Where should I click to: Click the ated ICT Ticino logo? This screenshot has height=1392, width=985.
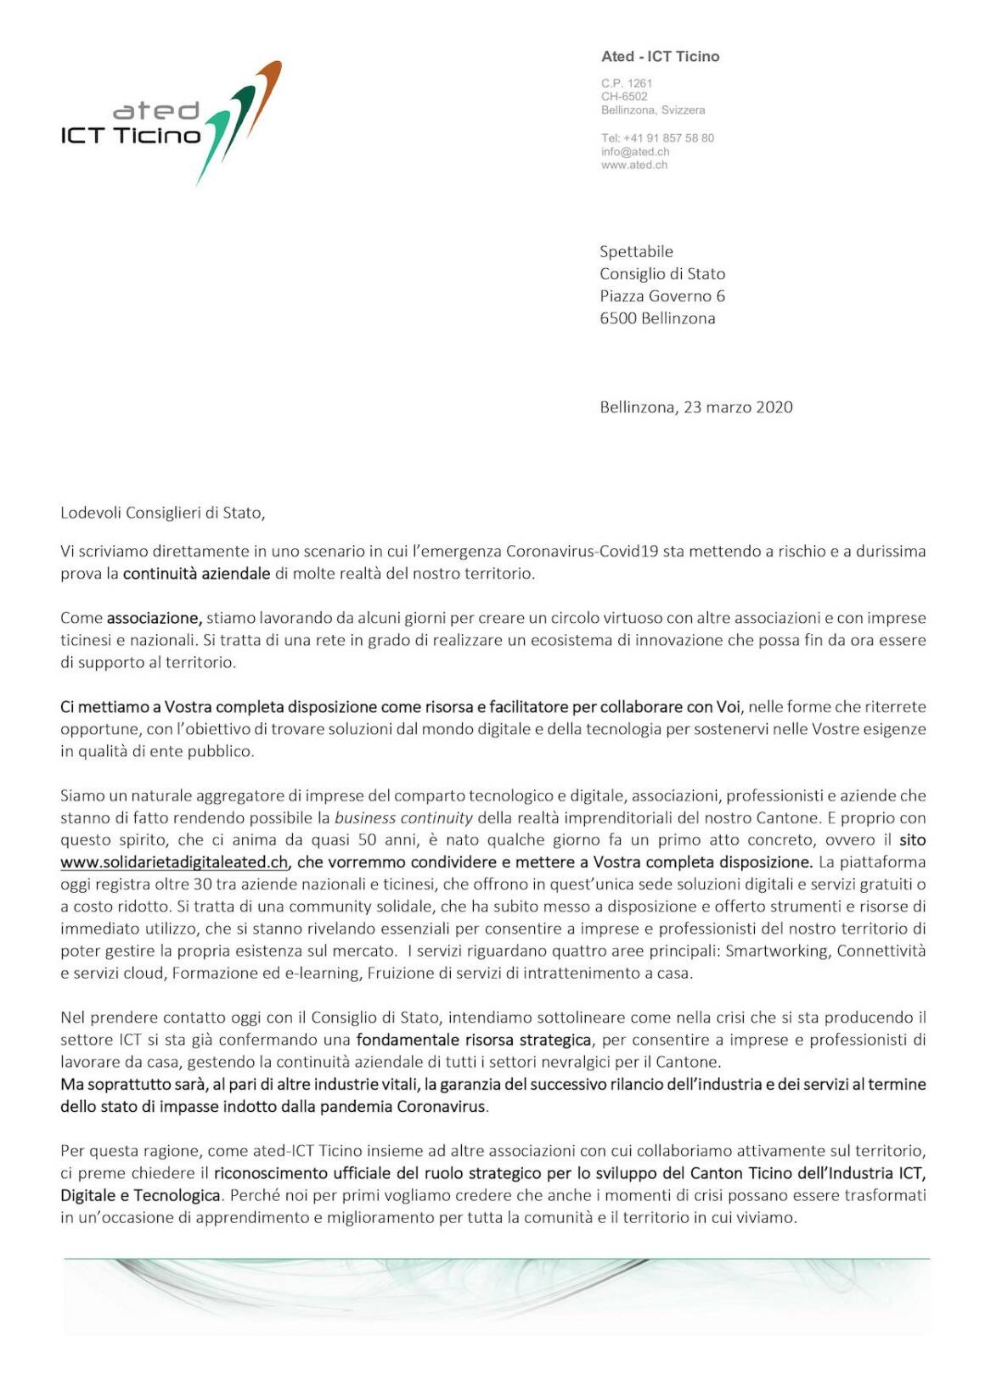tap(170, 123)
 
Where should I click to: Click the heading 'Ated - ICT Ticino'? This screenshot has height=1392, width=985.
tap(660, 57)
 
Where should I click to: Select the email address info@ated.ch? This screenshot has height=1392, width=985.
tap(635, 151)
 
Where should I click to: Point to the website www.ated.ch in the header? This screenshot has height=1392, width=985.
tap(634, 165)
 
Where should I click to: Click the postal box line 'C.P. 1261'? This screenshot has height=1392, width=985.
tap(627, 83)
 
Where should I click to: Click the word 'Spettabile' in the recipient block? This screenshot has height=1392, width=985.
tap(636, 251)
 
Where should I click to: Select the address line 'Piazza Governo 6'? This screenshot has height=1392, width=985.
tap(662, 296)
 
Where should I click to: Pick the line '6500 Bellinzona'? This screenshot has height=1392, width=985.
tap(657, 318)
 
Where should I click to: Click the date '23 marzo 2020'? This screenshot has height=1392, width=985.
tap(738, 407)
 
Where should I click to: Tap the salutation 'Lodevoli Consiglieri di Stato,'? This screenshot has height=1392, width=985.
tap(163, 513)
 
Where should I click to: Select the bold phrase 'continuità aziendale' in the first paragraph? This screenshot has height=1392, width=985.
tap(197, 574)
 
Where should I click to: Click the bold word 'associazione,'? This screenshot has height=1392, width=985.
tap(155, 618)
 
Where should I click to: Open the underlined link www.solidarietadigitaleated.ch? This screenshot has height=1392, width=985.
tap(174, 862)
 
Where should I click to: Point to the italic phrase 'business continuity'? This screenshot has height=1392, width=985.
tap(403, 818)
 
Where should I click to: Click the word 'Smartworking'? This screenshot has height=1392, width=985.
tap(776, 951)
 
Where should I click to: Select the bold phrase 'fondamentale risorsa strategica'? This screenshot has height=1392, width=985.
tap(473, 1040)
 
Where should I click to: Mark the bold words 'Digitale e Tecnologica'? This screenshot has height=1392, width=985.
tap(140, 1196)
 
